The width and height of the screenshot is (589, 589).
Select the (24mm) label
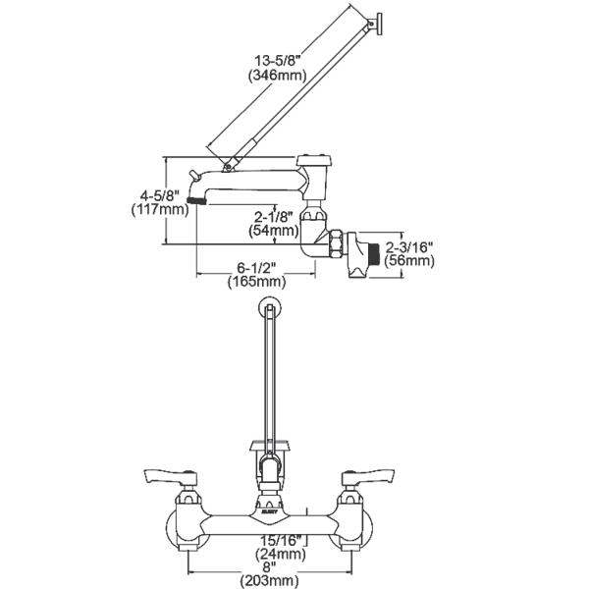tap(282, 554)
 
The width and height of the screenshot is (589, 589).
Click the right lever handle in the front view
tap(365, 478)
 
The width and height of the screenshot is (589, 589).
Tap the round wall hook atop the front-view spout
tap(266, 309)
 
